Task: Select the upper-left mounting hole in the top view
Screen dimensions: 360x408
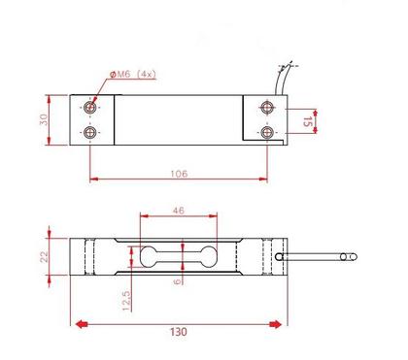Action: click(90, 106)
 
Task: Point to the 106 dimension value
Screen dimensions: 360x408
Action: click(179, 174)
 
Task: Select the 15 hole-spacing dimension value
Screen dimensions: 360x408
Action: click(309, 120)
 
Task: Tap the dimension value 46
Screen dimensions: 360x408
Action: click(179, 209)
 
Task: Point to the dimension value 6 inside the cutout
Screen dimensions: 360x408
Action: click(176, 281)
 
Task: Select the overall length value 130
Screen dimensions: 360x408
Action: click(179, 331)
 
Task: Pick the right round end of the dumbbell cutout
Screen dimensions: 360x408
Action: click(207, 257)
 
